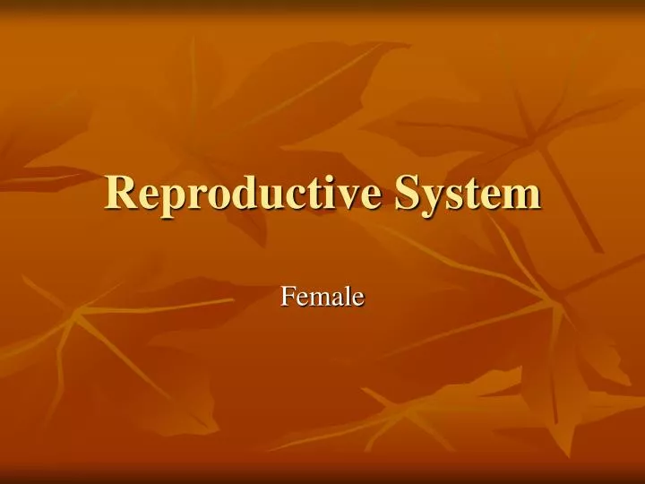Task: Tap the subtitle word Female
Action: [322, 295]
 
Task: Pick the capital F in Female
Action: [288, 294]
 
